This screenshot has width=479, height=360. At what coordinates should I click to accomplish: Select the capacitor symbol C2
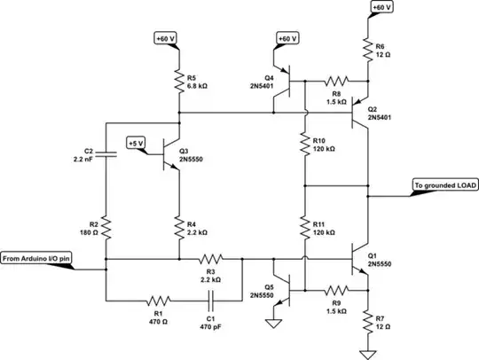[106, 154]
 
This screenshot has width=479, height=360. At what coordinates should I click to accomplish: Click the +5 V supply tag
[136, 143]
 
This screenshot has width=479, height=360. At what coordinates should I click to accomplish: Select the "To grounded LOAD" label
[444, 186]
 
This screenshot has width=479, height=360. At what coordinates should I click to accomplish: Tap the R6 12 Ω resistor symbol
[367, 51]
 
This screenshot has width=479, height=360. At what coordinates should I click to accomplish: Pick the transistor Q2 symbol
[362, 113]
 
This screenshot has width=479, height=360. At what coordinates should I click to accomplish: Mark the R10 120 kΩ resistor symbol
[304, 144]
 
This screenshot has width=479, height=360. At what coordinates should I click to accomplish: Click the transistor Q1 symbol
[362, 260]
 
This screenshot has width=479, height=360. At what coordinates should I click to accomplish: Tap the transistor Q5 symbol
[280, 275]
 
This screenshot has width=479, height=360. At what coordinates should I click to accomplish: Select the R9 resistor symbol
[335, 290]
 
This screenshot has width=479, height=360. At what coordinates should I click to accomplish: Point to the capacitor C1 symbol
[213, 300]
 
